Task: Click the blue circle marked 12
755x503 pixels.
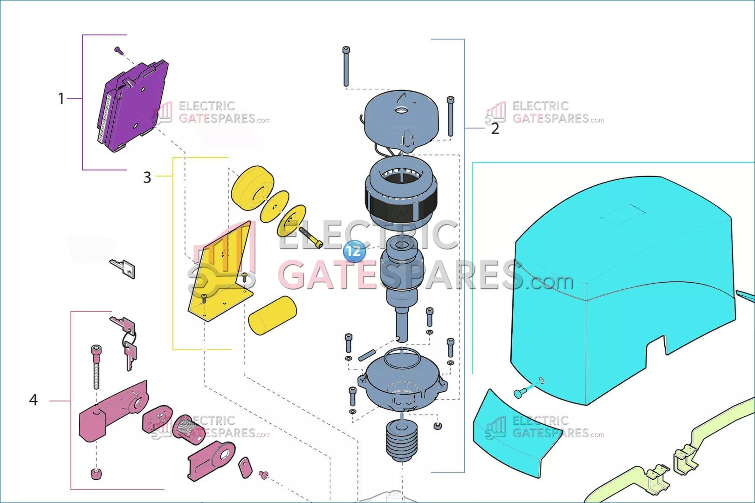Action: [354, 251]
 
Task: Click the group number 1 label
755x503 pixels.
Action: [61, 99]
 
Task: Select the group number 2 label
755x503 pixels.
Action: [495, 129]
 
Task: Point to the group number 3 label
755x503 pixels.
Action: [147, 177]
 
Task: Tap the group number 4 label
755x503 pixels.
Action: [34, 400]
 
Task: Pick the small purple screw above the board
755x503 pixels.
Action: [118, 51]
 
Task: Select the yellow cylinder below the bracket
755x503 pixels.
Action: [272, 315]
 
